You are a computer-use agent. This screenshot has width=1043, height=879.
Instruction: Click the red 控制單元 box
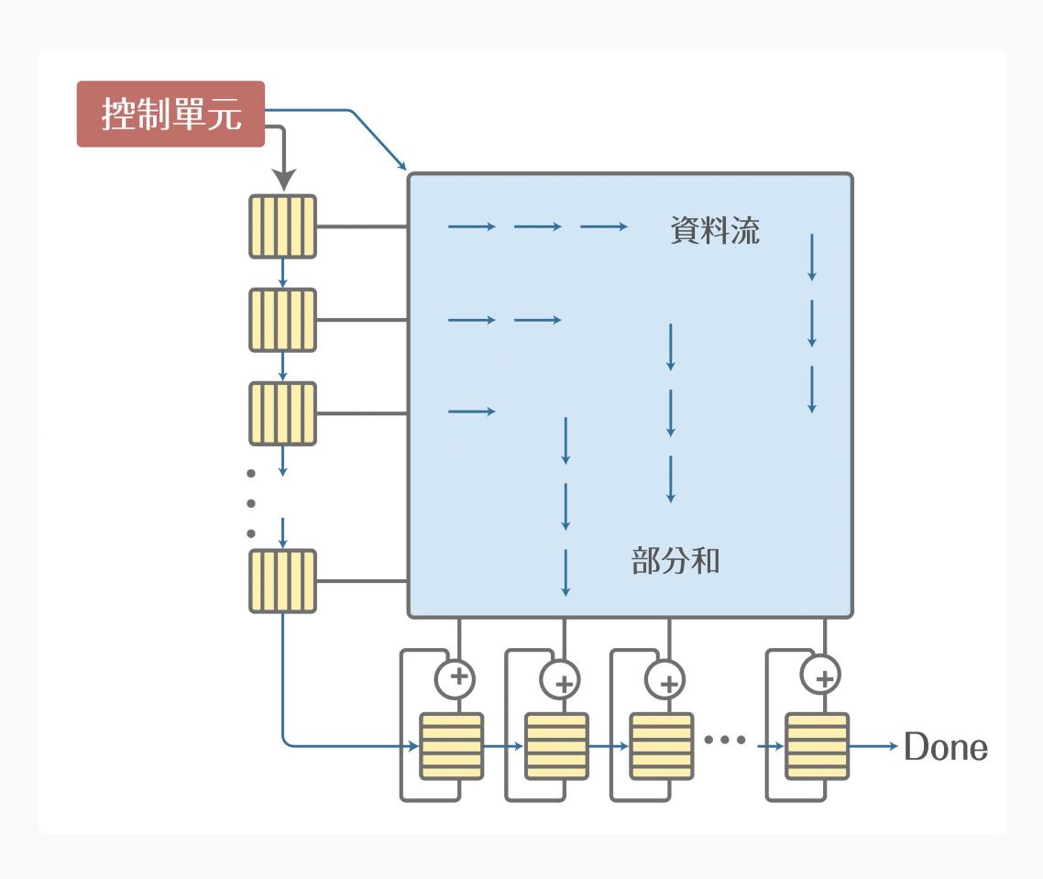[170, 115]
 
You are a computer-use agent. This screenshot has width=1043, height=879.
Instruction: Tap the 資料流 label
[715, 230]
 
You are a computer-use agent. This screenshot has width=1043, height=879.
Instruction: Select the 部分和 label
[675, 560]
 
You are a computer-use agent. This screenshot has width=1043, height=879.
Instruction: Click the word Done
[946, 748]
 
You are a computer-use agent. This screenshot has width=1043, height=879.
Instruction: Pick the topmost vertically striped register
[282, 226]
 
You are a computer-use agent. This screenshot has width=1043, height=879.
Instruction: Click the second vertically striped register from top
[282, 320]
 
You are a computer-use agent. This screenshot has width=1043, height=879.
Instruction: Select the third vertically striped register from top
[282, 413]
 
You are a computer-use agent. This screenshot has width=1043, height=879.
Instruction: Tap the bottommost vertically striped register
[282, 581]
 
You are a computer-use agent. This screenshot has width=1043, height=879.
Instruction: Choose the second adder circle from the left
[563, 679]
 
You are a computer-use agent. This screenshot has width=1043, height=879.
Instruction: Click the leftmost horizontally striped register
[451, 746]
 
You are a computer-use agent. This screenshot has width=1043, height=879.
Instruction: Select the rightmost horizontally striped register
[817, 746]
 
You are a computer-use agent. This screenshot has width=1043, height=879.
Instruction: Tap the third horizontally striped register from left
[661, 746]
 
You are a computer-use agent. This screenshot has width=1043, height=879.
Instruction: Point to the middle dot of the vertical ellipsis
[251, 502]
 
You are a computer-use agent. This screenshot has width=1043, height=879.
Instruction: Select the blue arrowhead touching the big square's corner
[401, 165]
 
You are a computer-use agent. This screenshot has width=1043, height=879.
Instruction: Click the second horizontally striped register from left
[556, 746]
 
